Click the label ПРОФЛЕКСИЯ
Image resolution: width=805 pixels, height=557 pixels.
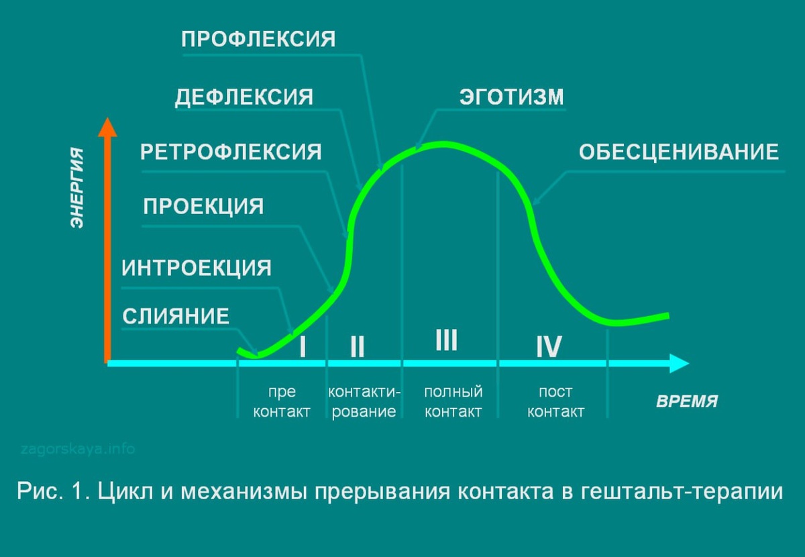pos(258,39)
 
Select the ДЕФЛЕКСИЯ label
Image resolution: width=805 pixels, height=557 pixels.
pos(244,97)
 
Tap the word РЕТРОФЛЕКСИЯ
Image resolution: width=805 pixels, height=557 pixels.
pos(231,152)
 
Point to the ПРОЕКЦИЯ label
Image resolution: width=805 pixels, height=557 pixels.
pos(203,206)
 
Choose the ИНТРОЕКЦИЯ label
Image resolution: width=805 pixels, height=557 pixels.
pos(197,268)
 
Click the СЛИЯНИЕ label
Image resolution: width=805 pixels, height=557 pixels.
pos(176,316)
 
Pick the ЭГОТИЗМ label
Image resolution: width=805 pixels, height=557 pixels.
pos(512,97)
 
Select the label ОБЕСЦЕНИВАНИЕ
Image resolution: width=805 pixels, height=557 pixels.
pos(679,152)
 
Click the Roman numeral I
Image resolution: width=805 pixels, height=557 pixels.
pos(303,347)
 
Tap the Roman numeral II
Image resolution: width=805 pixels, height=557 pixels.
pos(357,347)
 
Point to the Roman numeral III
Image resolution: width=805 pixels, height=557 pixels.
pos(446,340)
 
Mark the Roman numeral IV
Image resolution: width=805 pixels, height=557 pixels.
pos(548,347)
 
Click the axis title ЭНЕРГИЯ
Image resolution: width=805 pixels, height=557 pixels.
pos(78,188)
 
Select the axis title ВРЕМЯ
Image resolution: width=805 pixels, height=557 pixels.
pos(687,402)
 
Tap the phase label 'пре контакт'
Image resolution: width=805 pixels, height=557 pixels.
pos(282,401)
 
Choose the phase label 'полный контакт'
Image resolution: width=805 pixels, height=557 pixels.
pos(453,401)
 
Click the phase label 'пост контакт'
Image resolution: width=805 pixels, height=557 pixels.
pos(555,401)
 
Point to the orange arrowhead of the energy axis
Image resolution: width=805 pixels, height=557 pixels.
pos(107,127)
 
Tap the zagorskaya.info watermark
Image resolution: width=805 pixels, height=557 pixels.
pos(78,448)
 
